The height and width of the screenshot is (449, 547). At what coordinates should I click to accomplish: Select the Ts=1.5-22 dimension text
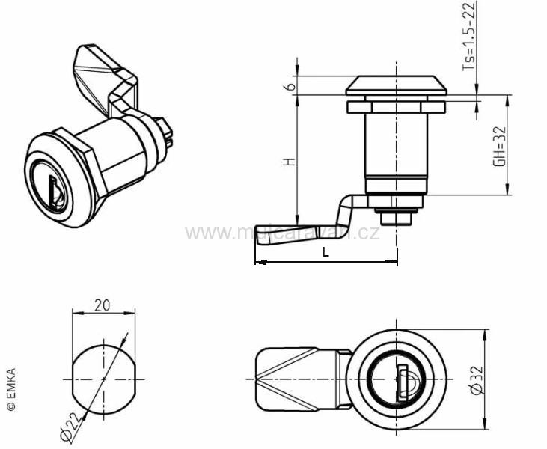click(x=468, y=36)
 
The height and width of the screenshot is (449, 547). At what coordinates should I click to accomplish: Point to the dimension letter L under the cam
click(x=326, y=252)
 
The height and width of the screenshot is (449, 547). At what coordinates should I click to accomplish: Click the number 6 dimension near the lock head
click(x=288, y=86)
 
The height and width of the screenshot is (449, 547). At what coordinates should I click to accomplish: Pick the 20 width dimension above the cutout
click(x=104, y=305)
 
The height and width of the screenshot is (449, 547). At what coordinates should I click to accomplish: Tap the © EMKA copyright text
click(x=10, y=388)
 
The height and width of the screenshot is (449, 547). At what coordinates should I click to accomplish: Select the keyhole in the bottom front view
click(x=403, y=379)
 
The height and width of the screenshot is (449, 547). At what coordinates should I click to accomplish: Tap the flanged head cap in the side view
click(x=396, y=85)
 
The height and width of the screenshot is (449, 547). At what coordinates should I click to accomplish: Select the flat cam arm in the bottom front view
click(x=296, y=379)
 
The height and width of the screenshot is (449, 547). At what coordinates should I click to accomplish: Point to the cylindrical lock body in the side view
click(x=394, y=146)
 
